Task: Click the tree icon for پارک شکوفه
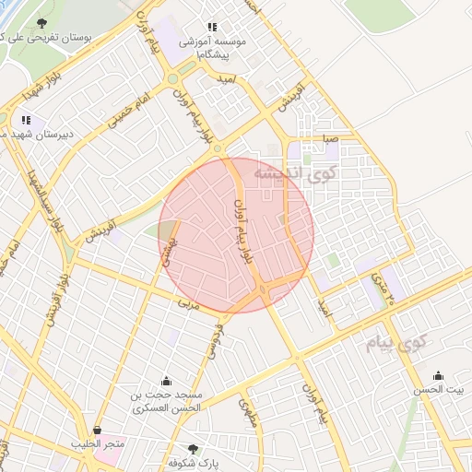[x=193, y=449]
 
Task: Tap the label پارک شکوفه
[x=193, y=463]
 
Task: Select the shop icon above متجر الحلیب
[x=98, y=430]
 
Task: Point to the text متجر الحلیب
[x=96, y=444]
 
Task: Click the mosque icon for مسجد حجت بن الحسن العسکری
[x=166, y=381]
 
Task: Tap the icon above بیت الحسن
[x=438, y=375]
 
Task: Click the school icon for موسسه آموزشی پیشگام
[x=212, y=27]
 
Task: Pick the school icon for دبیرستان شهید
[x=26, y=120]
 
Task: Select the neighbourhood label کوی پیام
[x=391, y=346]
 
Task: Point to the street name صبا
[x=330, y=139]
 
